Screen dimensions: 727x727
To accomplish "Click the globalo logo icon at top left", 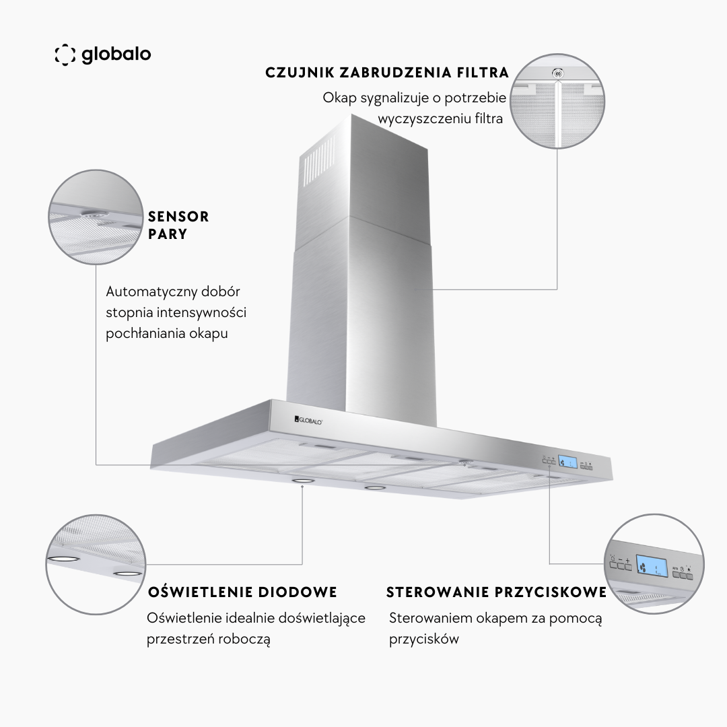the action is [x=65, y=55].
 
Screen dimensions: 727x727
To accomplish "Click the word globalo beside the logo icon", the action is [x=116, y=55].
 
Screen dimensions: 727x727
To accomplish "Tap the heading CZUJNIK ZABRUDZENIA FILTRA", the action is [x=387, y=73].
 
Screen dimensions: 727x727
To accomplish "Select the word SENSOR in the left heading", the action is [x=178, y=217].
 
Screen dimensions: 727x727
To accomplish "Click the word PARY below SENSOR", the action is [x=168, y=234].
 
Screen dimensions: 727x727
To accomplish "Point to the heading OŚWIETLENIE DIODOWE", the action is [x=242, y=592].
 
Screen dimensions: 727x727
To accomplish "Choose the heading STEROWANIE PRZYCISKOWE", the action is [x=497, y=592].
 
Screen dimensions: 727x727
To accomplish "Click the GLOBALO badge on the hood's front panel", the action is [x=308, y=421].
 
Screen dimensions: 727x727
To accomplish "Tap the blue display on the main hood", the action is [x=567, y=462].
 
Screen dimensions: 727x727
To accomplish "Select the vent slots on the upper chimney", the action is [x=319, y=160].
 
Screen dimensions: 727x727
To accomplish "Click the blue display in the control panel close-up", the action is [x=652, y=566].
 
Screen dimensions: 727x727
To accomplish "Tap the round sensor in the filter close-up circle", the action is [x=558, y=73].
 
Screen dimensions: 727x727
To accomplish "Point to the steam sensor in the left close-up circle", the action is [x=95, y=214].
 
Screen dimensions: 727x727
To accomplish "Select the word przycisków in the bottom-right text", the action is [x=424, y=639].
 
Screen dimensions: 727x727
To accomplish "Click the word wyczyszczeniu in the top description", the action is [x=423, y=118].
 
